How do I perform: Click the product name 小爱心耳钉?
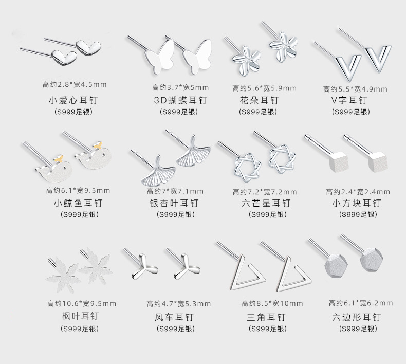[75, 100]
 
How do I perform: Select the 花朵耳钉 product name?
[259, 100]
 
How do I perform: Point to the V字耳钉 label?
[349, 100]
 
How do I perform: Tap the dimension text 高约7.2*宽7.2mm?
[265, 192]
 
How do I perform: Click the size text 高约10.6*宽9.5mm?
[82, 303]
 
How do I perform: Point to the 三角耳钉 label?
[266, 317]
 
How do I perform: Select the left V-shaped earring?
[340, 65]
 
